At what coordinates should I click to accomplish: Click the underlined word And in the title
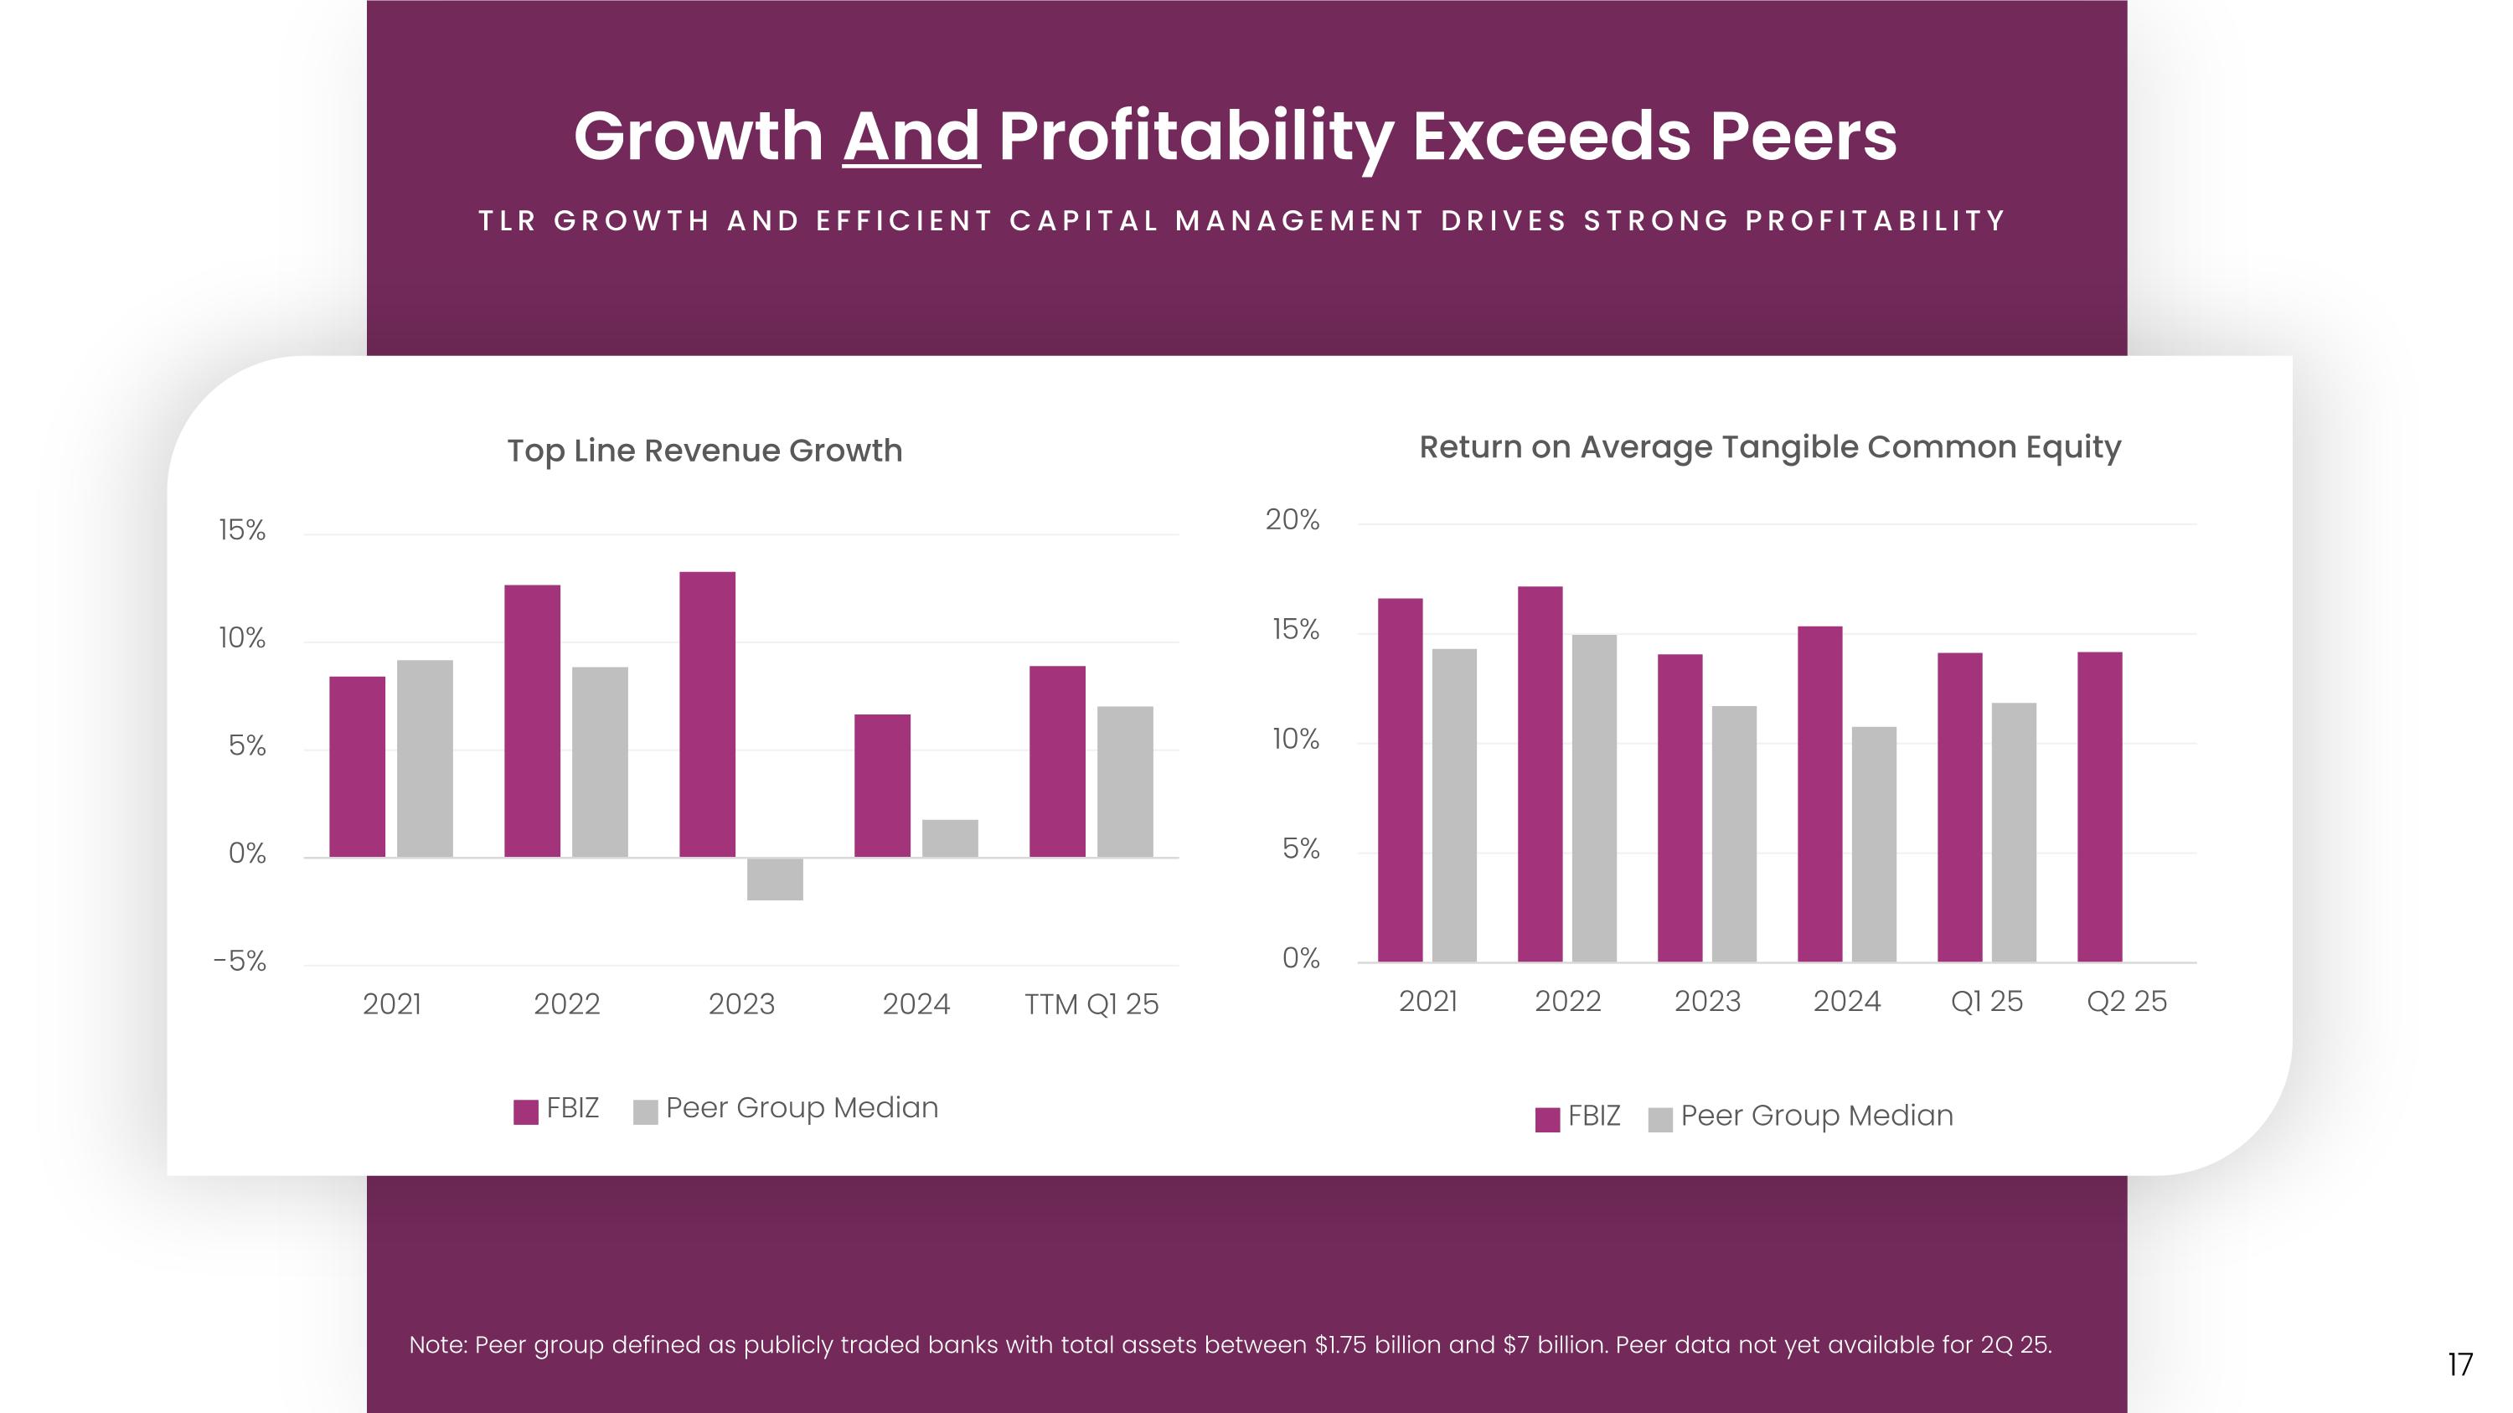click(911, 136)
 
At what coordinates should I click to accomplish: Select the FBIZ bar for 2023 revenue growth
click(707, 714)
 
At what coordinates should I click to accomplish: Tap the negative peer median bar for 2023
click(775, 879)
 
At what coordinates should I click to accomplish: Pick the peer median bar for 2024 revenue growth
click(949, 838)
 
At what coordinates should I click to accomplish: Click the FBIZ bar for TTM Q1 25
click(1056, 761)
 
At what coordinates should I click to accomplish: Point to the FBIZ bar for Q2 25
click(2099, 807)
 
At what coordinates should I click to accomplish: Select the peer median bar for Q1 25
click(2014, 832)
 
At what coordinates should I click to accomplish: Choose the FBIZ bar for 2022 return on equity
click(1540, 773)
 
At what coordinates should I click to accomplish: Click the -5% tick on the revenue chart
click(240, 962)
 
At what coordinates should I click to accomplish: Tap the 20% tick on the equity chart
click(1292, 520)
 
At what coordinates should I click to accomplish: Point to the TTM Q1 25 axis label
click(1091, 1004)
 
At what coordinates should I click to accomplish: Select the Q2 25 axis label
click(2126, 1002)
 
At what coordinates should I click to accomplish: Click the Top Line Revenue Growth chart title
click(704, 451)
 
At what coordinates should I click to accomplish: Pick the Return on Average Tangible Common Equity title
click(1768, 446)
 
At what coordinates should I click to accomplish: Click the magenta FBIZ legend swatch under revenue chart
click(526, 1111)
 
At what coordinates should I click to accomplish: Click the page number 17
click(2459, 1364)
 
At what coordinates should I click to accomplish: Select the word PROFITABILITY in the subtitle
click(1874, 221)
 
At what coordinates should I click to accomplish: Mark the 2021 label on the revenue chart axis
click(391, 1004)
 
